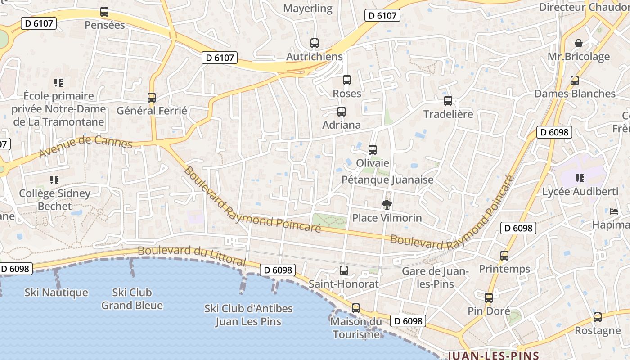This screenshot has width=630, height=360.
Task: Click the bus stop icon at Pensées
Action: [104, 12]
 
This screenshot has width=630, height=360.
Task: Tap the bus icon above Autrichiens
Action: [315, 43]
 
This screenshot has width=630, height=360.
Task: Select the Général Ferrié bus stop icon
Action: [152, 97]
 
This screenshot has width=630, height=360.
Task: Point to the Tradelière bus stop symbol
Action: [448, 101]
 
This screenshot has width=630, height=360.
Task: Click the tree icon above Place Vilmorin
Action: [387, 205]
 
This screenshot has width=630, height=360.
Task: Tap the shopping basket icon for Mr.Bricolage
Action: [579, 43]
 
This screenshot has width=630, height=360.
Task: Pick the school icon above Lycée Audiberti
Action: [580, 178]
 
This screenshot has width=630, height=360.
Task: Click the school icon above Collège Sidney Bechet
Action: [54, 180]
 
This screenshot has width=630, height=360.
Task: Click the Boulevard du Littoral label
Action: [192, 255]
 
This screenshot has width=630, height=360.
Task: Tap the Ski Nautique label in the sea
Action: [56, 292]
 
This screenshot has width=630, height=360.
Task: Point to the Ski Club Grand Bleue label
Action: [132, 299]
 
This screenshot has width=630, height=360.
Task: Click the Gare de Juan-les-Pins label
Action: [435, 278]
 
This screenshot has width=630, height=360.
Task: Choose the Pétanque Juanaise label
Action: [387, 180]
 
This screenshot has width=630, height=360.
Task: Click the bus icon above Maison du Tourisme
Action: [356, 308]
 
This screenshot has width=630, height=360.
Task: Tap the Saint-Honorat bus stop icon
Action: [344, 270]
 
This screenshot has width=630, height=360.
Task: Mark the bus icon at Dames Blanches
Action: [575, 81]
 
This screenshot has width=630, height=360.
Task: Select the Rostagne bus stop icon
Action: [598, 317]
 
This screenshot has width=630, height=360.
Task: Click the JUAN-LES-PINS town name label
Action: [493, 355]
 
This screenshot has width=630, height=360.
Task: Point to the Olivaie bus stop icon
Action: [373, 149]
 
